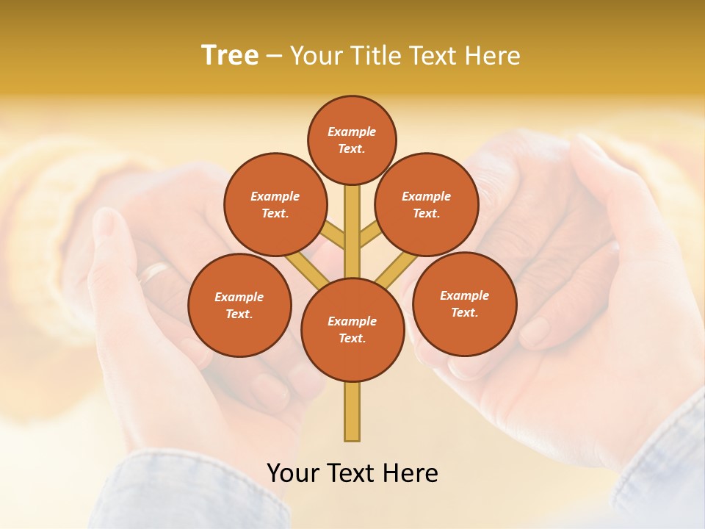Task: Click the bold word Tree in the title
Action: point(230,55)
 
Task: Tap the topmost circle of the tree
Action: point(352,140)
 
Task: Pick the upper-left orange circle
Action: point(275,204)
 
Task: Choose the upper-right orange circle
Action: point(427,204)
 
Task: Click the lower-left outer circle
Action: point(239,305)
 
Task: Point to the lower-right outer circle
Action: point(464,303)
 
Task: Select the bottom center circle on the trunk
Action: point(352,330)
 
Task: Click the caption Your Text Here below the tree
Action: point(352,473)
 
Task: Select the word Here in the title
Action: point(495,55)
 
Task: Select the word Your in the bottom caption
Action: point(292,473)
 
